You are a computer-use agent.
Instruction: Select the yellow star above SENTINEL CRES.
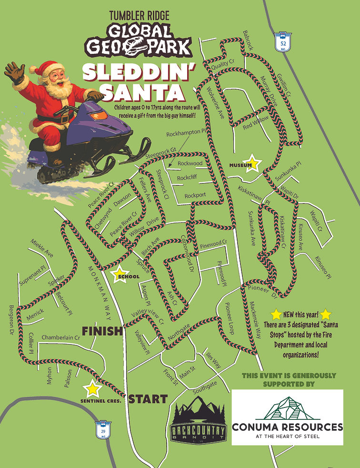coord(93,388)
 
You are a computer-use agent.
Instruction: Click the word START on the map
coord(148,399)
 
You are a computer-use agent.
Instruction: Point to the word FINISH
coord(102,331)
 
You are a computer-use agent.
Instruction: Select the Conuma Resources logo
coord(287,417)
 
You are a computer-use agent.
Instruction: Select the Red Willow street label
coord(256,122)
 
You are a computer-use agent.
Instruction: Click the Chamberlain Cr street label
coord(60,337)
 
